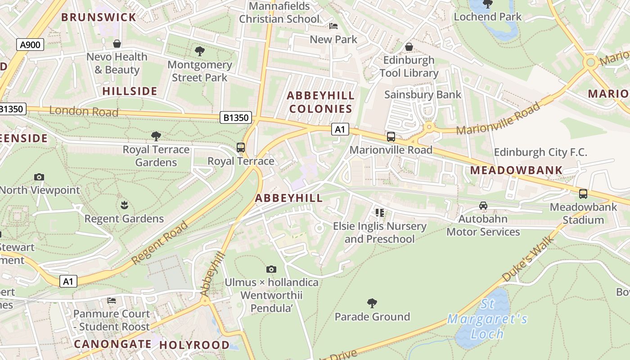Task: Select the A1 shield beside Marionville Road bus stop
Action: [340, 130]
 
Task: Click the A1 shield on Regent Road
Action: [68, 282]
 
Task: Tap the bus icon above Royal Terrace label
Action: [241, 147]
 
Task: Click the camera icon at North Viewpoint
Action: [39, 177]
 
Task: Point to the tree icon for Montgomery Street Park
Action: [199, 51]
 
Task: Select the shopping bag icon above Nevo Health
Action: [117, 44]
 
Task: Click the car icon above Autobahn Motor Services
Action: [483, 206]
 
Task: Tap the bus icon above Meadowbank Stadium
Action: [583, 194]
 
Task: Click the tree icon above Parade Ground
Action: [372, 303]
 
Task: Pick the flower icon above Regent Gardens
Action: [124, 206]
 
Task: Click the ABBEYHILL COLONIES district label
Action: [320, 102]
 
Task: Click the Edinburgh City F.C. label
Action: [540, 152]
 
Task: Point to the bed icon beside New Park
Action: [333, 26]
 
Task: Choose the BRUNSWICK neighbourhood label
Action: [99, 18]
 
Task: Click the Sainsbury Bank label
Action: [423, 94]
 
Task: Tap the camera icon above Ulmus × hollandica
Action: [271, 269]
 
